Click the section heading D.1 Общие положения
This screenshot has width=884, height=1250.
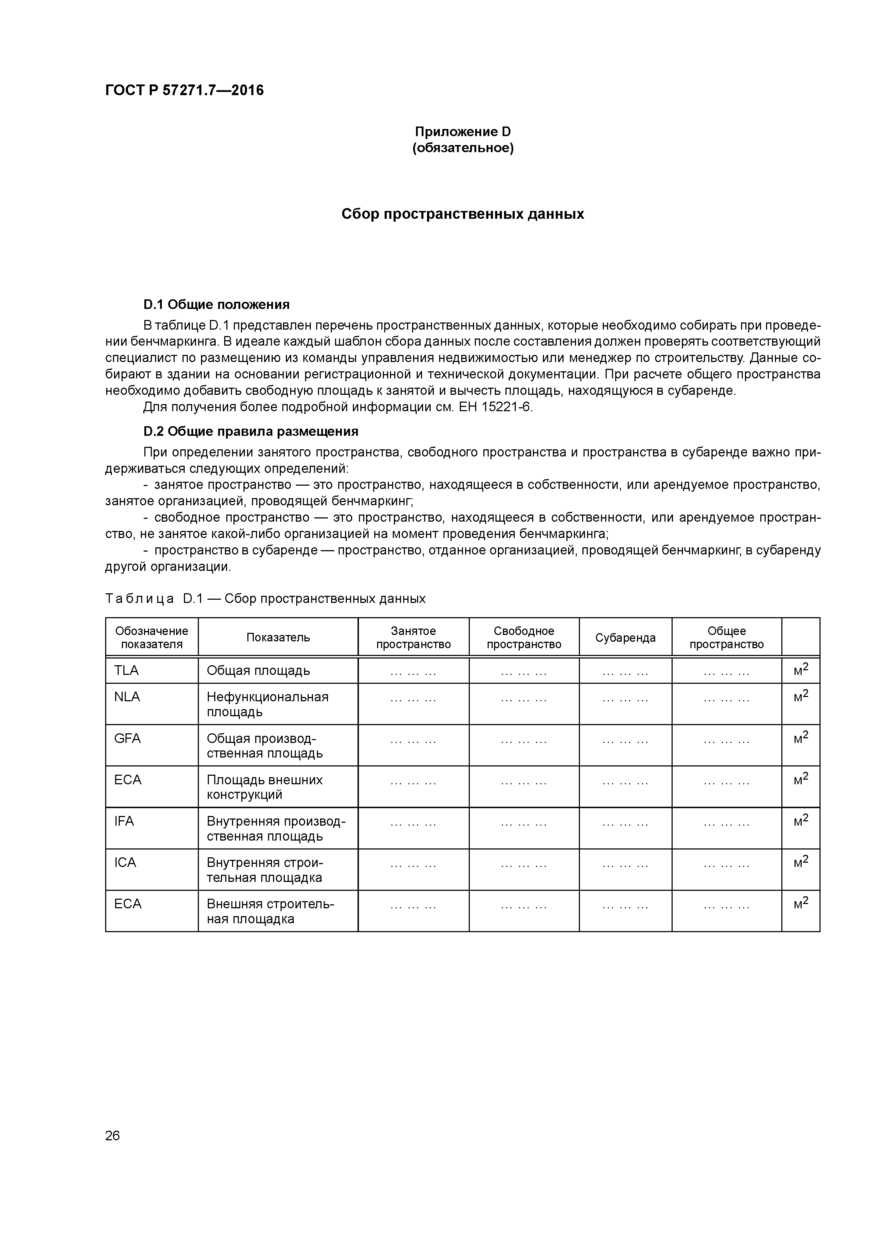point(216,304)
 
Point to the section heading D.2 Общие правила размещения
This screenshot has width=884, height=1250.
point(251,432)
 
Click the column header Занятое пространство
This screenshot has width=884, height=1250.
point(413,637)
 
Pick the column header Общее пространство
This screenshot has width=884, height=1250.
point(726,637)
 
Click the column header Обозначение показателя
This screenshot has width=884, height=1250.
point(151,637)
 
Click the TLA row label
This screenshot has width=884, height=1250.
point(127,671)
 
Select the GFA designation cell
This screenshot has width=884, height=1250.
point(128,739)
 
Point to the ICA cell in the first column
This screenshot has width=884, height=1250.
point(125,863)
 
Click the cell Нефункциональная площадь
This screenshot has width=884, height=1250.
point(267,704)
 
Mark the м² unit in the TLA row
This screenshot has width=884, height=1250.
point(801,670)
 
